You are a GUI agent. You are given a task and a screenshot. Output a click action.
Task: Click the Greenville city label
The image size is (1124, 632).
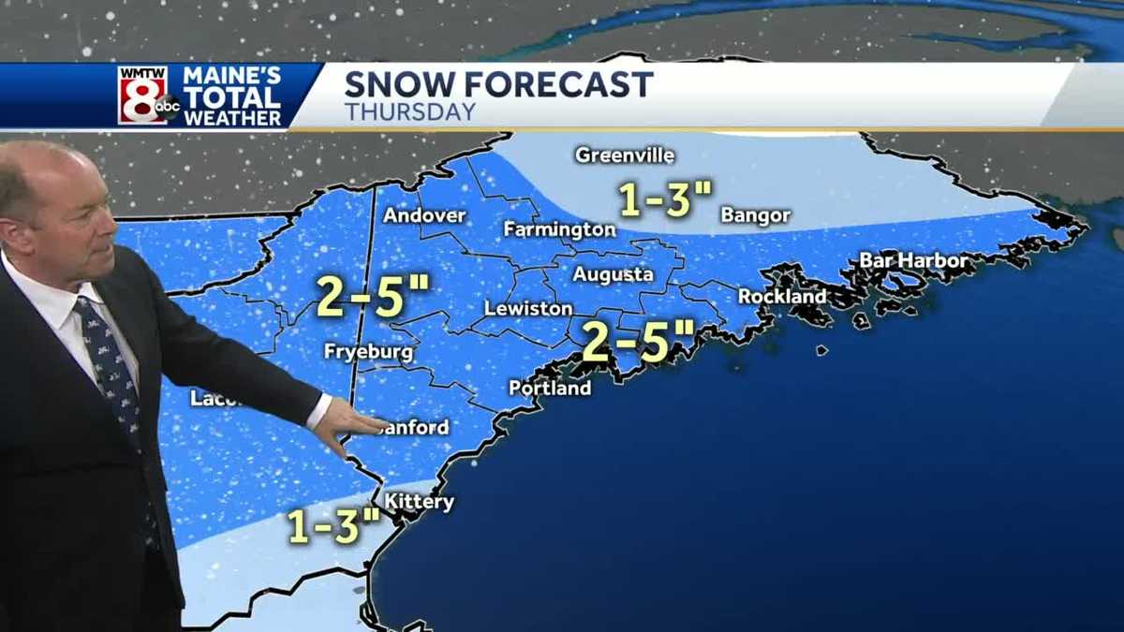pos(625,155)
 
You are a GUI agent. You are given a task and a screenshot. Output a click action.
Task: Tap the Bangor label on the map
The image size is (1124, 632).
pos(755,216)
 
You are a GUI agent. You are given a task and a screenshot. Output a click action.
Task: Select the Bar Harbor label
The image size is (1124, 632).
pos(913,260)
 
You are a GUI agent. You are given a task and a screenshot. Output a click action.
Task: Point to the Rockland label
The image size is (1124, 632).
pos(782,297)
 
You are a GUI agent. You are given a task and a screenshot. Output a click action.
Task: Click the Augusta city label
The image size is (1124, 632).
pos(613,275)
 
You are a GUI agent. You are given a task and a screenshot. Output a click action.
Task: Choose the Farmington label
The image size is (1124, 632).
pos(559,229)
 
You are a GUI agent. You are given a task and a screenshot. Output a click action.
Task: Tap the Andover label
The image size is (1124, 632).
pos(424,216)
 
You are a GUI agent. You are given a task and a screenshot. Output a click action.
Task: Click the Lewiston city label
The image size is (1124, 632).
pos(528,308)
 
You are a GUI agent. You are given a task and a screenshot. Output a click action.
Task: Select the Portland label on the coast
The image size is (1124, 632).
pos(550,388)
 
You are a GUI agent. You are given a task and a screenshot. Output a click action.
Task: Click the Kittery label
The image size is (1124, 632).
pos(419,503)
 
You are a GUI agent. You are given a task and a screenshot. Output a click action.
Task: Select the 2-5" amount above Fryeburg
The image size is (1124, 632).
pos(372,295)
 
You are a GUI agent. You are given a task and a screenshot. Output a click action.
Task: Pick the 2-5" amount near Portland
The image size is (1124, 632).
pos(638,341)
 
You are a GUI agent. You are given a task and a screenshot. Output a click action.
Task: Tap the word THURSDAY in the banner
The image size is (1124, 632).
pos(409,112)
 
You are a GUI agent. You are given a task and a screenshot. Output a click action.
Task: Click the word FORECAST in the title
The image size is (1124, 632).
pos(559,85)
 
